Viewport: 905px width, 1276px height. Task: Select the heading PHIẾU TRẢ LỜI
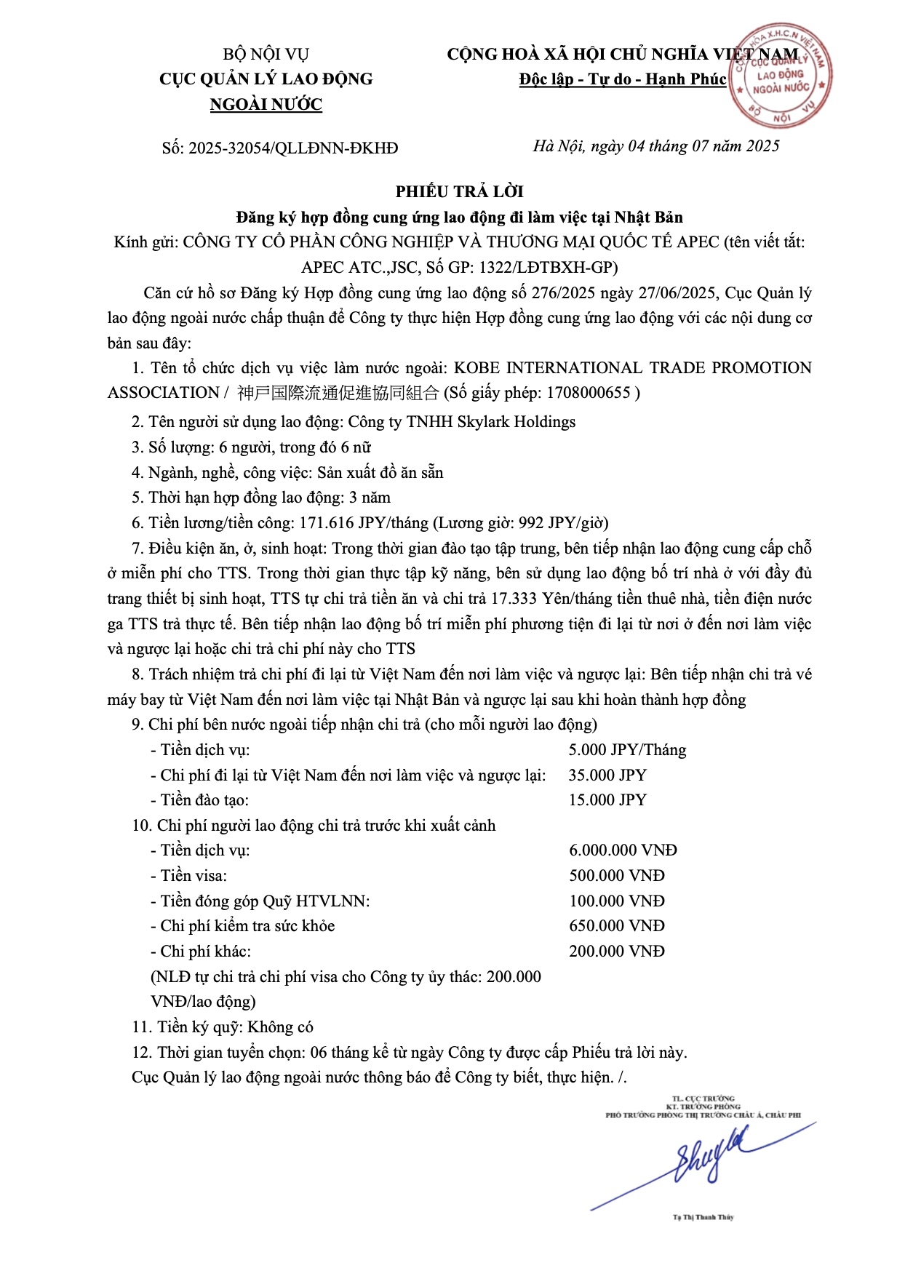tap(459, 191)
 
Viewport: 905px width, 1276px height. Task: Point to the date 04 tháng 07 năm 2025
tap(703, 146)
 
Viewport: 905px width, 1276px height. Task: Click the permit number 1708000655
tap(588, 393)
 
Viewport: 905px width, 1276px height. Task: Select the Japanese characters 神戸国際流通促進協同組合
tap(338, 393)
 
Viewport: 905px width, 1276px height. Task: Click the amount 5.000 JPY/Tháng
tap(627, 749)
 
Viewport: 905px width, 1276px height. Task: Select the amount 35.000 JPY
tap(607, 775)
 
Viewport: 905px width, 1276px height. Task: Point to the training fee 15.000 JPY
tap(607, 800)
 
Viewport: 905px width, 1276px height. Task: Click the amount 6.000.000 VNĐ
tap(623, 850)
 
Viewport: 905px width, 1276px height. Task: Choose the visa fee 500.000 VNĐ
tap(617, 875)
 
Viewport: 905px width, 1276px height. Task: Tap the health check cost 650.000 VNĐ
tap(617, 925)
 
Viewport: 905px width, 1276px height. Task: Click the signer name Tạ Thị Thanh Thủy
tap(703, 1217)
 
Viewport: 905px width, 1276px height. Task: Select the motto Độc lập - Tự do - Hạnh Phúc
tap(623, 79)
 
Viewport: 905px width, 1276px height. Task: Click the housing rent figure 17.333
tap(514, 599)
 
